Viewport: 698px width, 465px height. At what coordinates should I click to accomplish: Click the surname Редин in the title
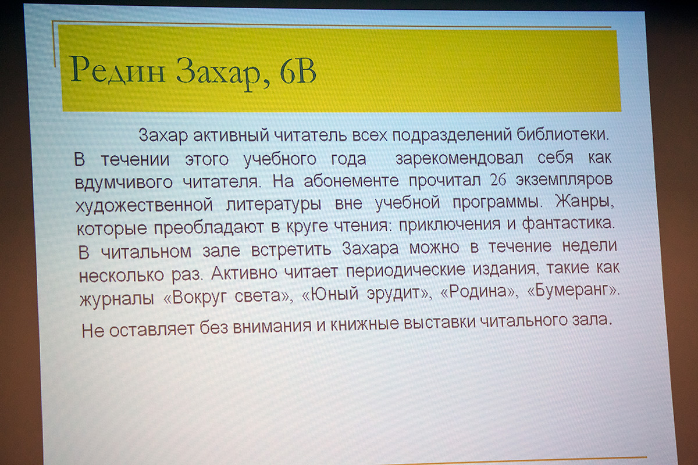tap(117, 71)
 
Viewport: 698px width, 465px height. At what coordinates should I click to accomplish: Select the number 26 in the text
tap(498, 180)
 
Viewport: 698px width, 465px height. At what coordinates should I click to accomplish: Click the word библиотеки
tap(562, 134)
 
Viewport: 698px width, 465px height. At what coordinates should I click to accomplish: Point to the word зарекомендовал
tap(459, 158)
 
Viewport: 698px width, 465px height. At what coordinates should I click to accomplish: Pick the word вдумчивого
tap(124, 181)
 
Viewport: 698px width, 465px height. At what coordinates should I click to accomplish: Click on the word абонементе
tap(351, 180)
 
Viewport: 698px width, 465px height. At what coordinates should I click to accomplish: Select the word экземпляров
tap(564, 180)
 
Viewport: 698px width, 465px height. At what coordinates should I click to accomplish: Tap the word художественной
tap(144, 205)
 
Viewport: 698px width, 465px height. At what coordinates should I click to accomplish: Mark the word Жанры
tap(585, 202)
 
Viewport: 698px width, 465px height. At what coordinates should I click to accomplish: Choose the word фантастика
tap(568, 223)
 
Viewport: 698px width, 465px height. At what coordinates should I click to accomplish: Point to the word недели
tap(589, 246)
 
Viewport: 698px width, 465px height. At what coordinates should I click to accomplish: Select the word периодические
tap(406, 270)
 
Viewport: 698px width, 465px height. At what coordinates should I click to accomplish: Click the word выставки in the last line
tap(439, 323)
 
